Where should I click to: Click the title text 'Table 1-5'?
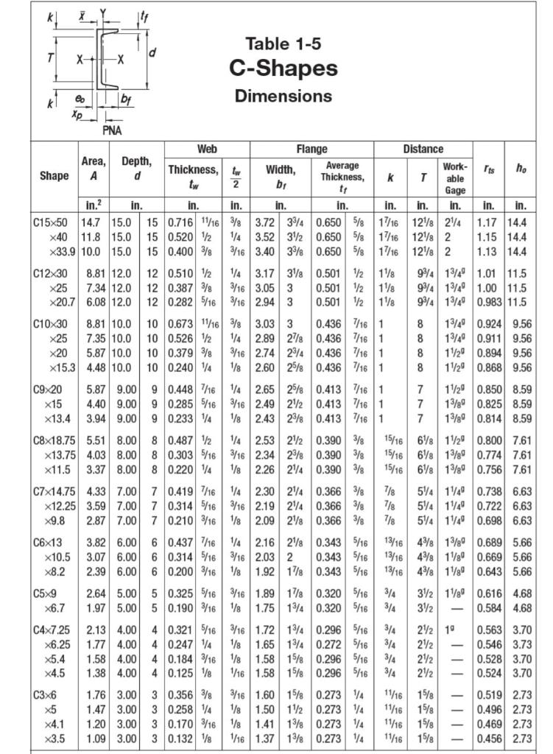[x=283, y=43]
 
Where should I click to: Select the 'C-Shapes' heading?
[x=283, y=68]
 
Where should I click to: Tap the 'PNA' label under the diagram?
[x=112, y=131]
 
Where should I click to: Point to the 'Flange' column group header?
[x=312, y=149]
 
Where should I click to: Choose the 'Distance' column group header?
[x=423, y=149]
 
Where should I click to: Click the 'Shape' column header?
[x=54, y=175]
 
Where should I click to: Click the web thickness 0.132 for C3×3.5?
[x=181, y=738]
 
